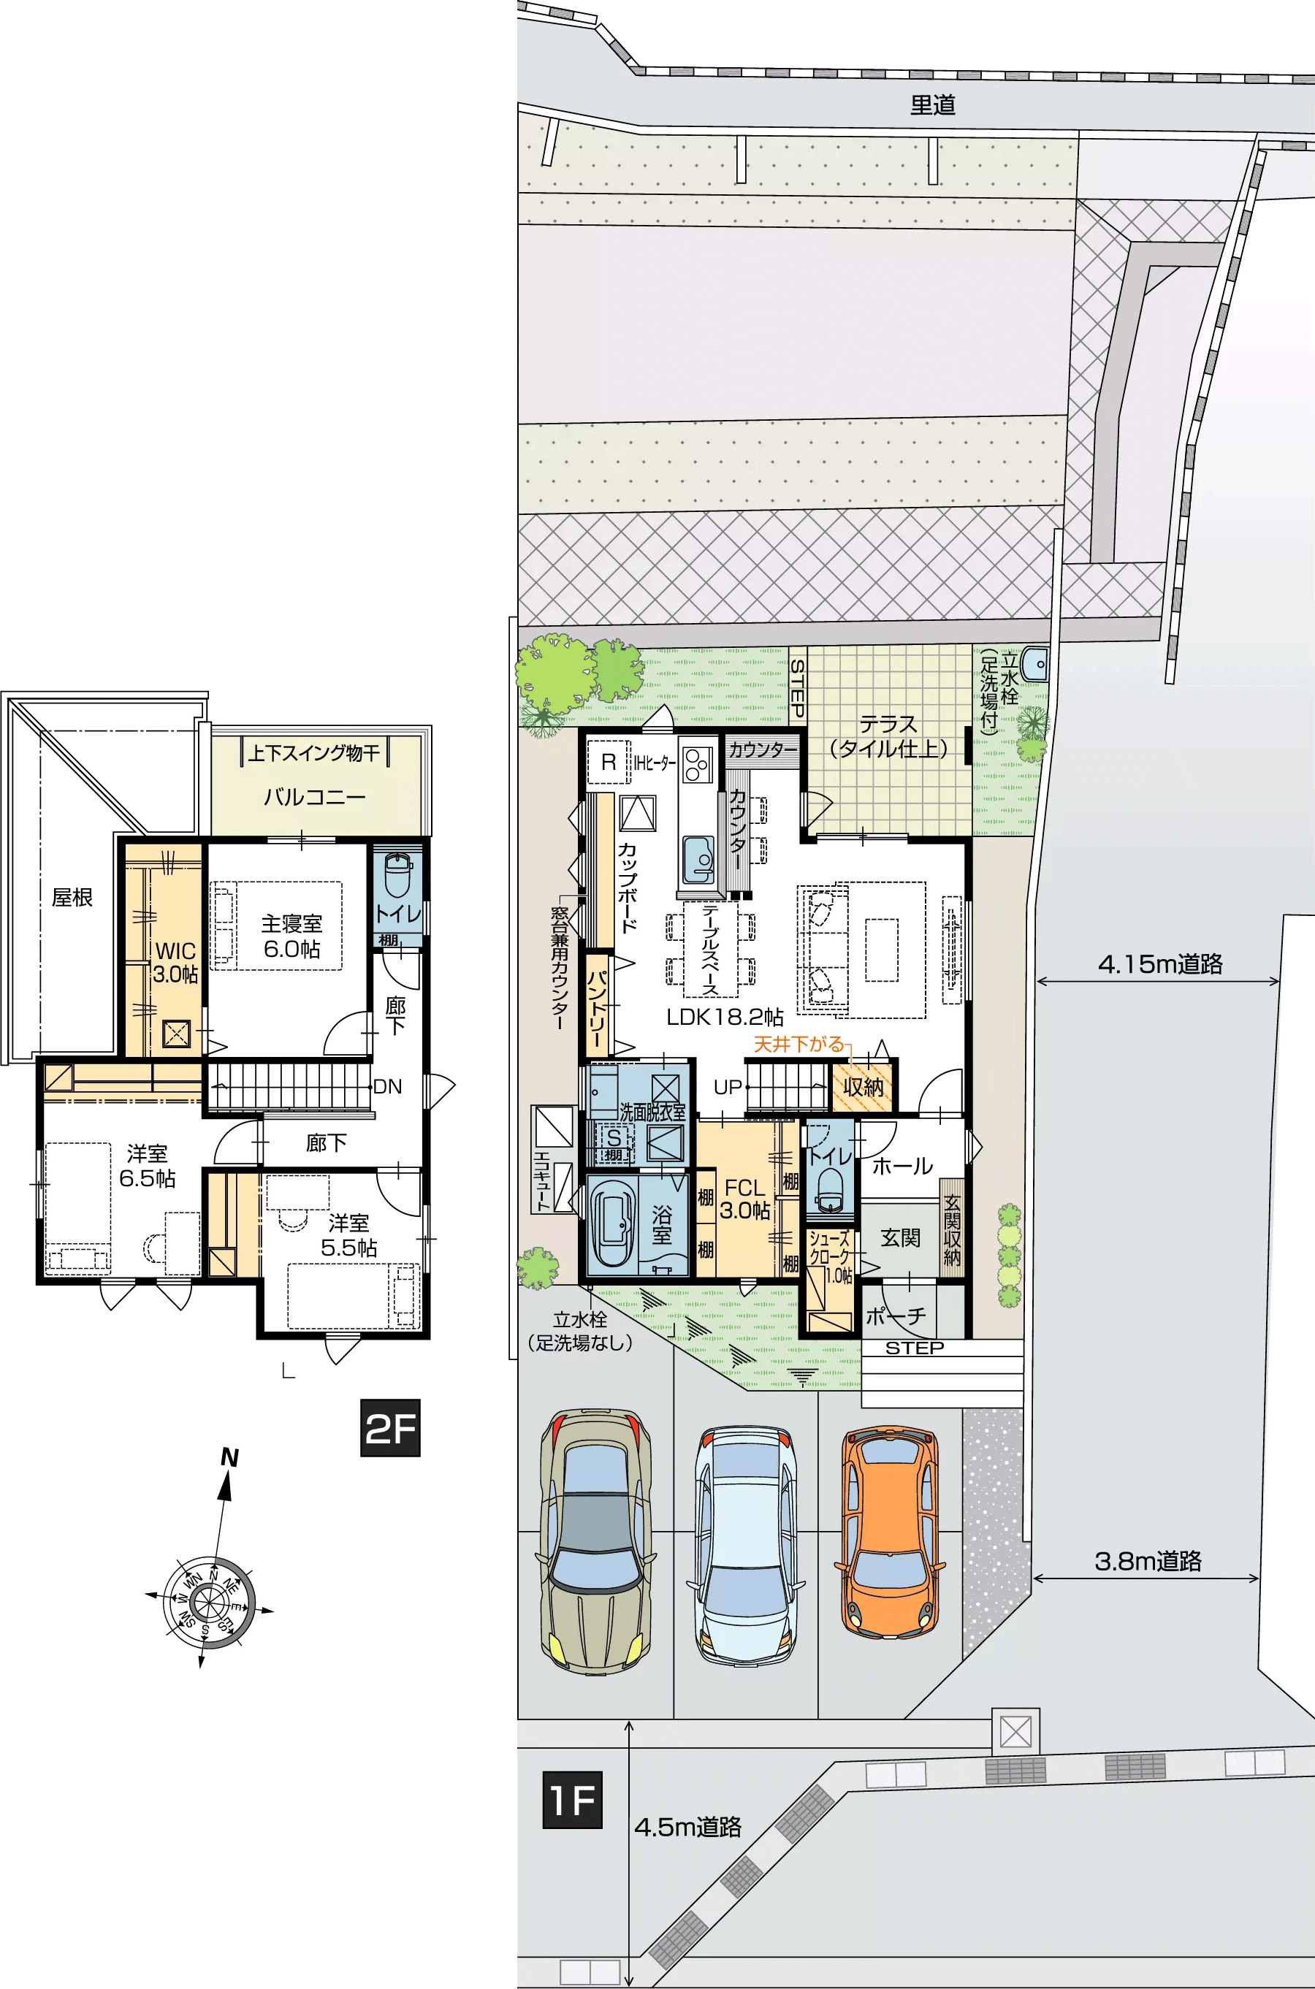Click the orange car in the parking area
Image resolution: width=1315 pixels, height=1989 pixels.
pos(890,1534)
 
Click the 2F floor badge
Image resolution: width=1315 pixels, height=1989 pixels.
pos(390,1428)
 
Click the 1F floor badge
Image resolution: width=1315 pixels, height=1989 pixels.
pos(573,1800)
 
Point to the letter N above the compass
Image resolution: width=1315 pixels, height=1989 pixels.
pos(229,1458)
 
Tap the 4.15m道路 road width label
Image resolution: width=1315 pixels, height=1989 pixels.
pos(1160,964)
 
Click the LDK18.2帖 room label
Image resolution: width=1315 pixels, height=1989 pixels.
pos(725,1017)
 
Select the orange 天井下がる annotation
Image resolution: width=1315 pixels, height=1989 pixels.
pos(798,1044)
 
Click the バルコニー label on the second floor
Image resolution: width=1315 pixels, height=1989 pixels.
pos(316,797)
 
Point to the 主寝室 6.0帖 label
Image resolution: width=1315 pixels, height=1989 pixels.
pos(291,936)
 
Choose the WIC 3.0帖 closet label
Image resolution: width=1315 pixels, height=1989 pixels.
pos(175,963)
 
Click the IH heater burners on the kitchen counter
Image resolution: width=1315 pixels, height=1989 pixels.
pos(697,763)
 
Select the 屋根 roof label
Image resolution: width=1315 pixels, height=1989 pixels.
pos(72,897)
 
